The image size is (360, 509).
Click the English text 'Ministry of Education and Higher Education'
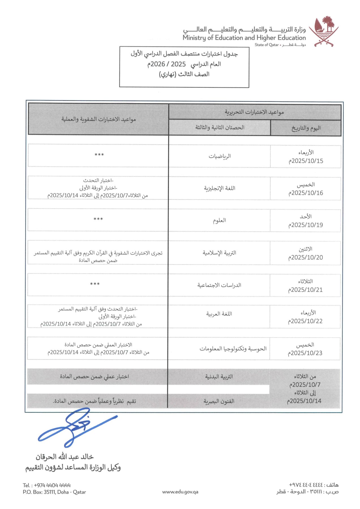pos(244,38)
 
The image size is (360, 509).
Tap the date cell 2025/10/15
pos(306,157)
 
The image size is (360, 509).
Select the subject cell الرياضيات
pos(220,156)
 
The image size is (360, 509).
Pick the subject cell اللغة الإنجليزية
pos(220,188)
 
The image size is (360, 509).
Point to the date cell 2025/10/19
pos(306,221)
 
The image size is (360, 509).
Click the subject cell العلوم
pos(220,221)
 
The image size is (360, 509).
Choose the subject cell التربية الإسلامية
pos(219,253)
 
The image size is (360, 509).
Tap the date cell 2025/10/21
pos(305,285)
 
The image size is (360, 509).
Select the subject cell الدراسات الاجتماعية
pos(219,285)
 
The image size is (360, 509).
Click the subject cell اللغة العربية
pos(219,314)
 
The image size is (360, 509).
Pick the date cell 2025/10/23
pos(305,349)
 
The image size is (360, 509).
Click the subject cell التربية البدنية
pos(219,377)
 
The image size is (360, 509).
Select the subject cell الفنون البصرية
pos(219,401)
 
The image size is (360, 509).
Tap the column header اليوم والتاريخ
pos(306,128)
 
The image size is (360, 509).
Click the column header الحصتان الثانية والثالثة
pos(220,128)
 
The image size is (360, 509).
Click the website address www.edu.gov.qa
pos(180,492)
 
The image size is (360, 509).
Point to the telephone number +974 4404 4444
pos(47,485)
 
